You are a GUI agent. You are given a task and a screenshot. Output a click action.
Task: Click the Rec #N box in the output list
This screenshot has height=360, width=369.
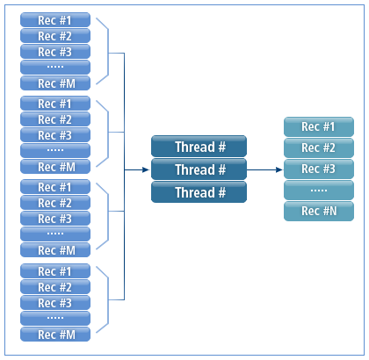pyautogui.click(x=317, y=211)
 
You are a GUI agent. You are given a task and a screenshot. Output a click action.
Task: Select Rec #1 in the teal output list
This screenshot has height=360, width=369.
pyautogui.click(x=317, y=126)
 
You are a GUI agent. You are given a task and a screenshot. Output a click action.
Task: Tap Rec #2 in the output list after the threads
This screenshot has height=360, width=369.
pyautogui.click(x=317, y=148)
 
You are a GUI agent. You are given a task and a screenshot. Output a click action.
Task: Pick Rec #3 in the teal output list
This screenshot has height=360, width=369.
pyautogui.click(x=317, y=169)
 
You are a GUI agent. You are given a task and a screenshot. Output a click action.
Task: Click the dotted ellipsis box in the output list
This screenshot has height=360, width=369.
pyautogui.click(x=317, y=190)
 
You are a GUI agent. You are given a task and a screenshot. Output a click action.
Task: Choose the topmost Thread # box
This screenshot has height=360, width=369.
pyautogui.click(x=199, y=147)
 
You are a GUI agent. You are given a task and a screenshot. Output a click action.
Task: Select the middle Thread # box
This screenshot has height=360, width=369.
pyautogui.click(x=199, y=169)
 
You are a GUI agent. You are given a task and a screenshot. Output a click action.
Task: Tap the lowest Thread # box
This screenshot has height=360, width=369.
pyautogui.click(x=199, y=192)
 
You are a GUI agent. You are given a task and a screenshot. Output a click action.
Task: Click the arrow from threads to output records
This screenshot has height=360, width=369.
pyautogui.click(x=264, y=169)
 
